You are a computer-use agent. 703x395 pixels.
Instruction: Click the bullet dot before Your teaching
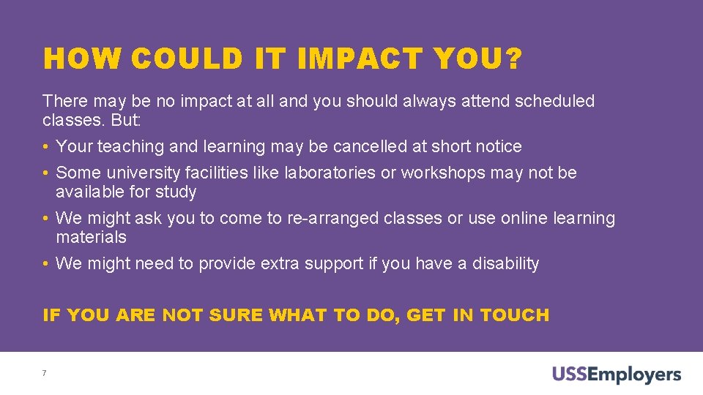(x=46, y=147)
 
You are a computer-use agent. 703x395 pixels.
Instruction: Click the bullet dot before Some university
(x=46, y=173)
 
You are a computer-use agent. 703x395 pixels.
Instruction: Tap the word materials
(x=91, y=237)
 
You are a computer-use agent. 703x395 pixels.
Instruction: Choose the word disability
(x=505, y=263)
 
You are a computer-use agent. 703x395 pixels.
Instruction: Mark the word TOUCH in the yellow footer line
(x=514, y=315)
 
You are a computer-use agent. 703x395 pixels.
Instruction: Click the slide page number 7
(x=45, y=374)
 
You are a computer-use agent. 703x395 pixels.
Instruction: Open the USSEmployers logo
(x=616, y=375)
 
